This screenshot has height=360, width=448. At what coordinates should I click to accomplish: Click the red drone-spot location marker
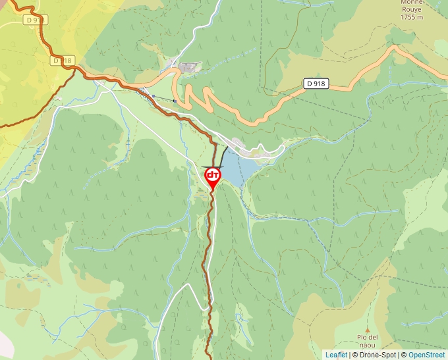pyautogui.click(x=213, y=178)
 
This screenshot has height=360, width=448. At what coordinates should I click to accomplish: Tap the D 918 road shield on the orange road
pyautogui.click(x=316, y=84)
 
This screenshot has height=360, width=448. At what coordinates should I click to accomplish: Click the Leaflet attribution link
pyautogui.click(x=336, y=355)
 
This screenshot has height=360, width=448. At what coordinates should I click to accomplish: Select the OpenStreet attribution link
pyautogui.click(x=428, y=355)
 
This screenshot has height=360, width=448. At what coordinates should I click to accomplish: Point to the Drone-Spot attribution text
pyautogui.click(x=378, y=355)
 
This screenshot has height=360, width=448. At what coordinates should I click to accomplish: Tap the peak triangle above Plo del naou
pyautogui.click(x=368, y=328)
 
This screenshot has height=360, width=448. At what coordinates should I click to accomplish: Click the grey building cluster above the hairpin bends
pyautogui.click(x=189, y=68)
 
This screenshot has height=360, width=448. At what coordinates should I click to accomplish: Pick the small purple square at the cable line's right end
pyautogui.click(x=175, y=100)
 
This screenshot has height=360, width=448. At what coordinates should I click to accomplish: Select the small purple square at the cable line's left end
pyautogui.click(x=154, y=96)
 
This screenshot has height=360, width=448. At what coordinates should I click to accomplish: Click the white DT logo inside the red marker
pyautogui.click(x=213, y=175)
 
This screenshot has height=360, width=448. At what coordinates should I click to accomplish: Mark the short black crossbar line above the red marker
pyautogui.click(x=213, y=167)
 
